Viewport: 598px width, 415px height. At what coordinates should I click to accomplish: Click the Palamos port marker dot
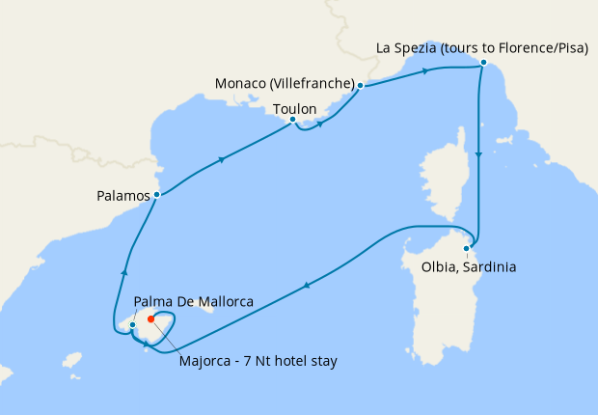tap(156, 195)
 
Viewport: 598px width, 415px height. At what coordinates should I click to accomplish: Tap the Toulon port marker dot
tap(292, 120)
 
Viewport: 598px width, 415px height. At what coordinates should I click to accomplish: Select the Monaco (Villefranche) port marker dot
tap(360, 86)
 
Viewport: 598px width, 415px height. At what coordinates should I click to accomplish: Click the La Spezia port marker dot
tap(483, 64)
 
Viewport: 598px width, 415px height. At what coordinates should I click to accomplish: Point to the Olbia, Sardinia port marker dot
tap(467, 248)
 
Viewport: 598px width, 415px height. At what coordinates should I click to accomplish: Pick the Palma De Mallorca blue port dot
tap(132, 325)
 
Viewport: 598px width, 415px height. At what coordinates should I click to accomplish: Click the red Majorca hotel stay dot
tap(151, 319)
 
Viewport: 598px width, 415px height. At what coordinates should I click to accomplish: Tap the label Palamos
tap(123, 195)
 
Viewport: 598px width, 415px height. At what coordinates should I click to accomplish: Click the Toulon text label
tap(295, 108)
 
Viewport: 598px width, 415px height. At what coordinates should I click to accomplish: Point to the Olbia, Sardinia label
tap(469, 266)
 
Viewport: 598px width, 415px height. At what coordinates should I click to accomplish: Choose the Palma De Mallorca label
tap(194, 302)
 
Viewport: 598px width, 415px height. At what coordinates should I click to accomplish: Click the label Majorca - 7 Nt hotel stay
tap(258, 363)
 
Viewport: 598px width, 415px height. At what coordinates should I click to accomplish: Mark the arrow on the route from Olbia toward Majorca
tap(306, 284)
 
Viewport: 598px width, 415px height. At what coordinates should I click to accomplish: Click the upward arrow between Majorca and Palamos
tap(123, 272)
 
